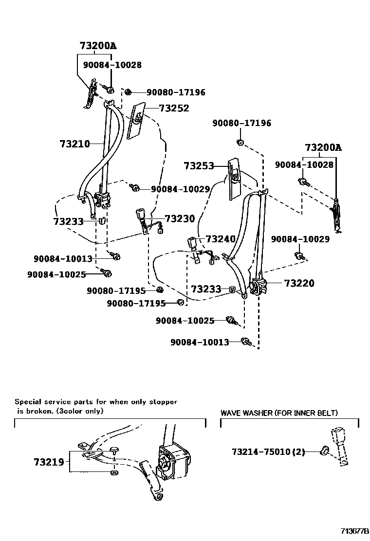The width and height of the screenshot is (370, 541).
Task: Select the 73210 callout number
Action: point(74,144)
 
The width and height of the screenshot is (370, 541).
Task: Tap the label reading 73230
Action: point(180,219)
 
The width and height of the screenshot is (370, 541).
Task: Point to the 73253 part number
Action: point(199,166)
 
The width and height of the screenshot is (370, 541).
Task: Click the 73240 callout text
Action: point(221,239)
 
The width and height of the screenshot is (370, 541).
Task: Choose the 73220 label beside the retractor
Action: point(299,283)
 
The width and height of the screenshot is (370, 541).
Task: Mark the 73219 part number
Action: point(49,462)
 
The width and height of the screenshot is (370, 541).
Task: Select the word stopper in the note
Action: point(162,402)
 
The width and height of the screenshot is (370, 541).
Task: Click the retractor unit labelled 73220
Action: point(259,287)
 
